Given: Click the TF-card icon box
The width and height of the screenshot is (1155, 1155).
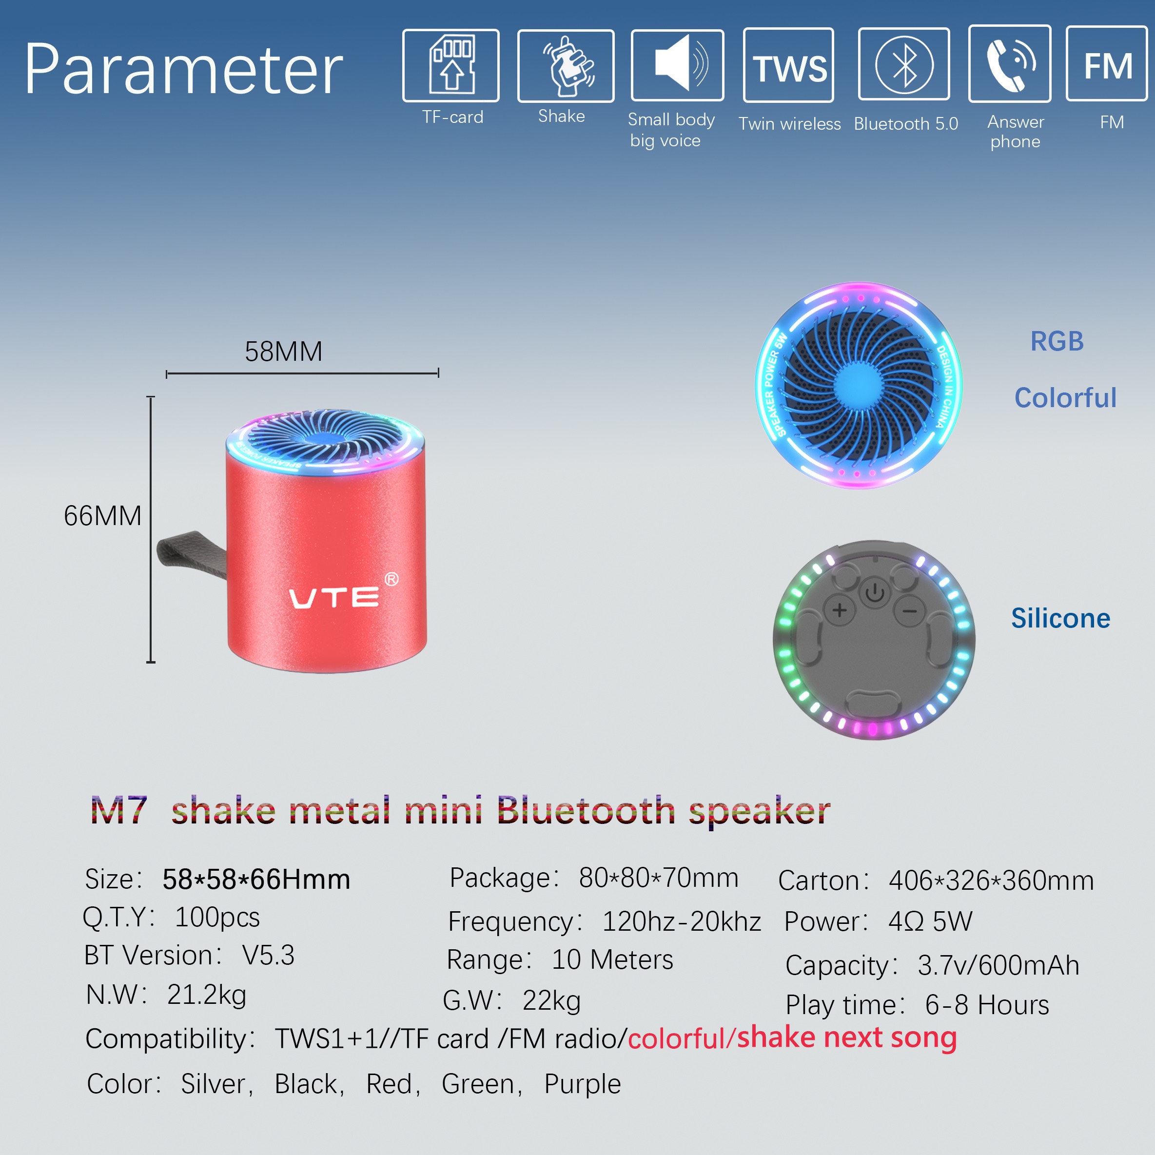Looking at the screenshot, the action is pyautogui.click(x=451, y=65).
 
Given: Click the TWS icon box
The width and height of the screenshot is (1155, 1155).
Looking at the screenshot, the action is pyautogui.click(x=788, y=65).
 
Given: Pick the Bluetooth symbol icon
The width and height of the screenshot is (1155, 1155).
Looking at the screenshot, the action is pyautogui.click(x=904, y=64).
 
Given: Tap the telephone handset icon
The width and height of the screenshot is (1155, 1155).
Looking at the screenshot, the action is pyautogui.click(x=1010, y=63).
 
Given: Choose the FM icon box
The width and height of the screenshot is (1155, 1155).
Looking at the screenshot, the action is pyautogui.click(x=1107, y=63).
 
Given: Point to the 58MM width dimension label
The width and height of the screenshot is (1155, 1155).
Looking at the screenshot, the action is pyautogui.click(x=283, y=352).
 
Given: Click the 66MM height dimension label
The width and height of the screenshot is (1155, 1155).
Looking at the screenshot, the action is pyautogui.click(x=103, y=515).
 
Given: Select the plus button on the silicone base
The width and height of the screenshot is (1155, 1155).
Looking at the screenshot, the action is pyautogui.click(x=840, y=610).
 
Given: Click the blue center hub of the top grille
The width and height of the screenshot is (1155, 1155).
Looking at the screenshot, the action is pyautogui.click(x=859, y=386).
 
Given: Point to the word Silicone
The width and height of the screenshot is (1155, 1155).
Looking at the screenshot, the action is pyautogui.click(x=1060, y=618).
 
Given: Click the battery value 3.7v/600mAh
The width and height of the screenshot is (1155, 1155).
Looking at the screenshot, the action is pyautogui.click(x=998, y=965).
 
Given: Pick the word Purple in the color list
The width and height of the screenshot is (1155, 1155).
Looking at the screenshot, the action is pyautogui.click(x=582, y=1084).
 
